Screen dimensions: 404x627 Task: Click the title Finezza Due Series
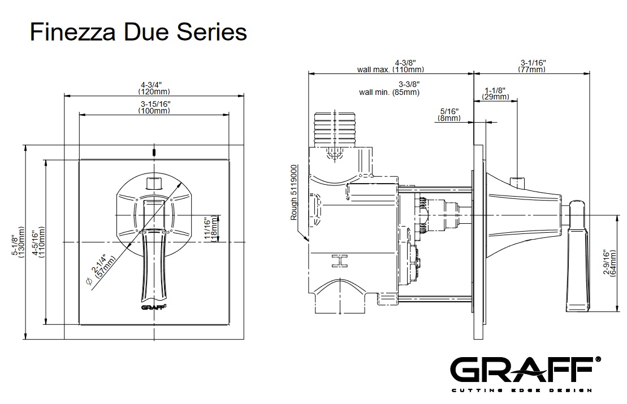click(x=138, y=32)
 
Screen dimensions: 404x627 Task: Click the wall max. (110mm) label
click(x=390, y=69)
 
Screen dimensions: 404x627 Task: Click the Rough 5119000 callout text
click(x=293, y=193)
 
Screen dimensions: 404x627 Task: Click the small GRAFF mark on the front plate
click(x=154, y=307)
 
